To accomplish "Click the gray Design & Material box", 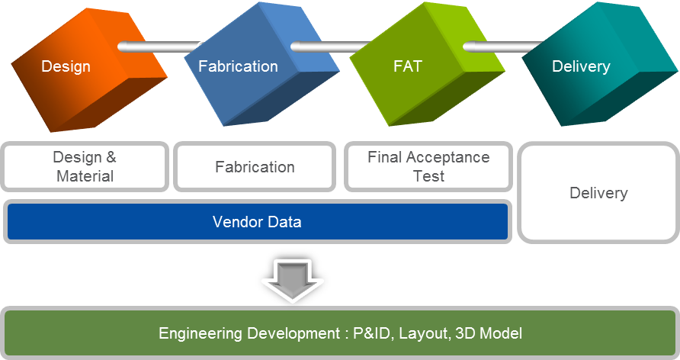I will click(x=85, y=166).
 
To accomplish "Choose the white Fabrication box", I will click(x=255, y=166).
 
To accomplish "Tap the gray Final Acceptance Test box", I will click(x=428, y=166).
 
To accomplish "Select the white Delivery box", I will click(x=598, y=192).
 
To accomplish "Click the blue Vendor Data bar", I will click(x=257, y=222).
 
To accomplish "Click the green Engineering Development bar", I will click(x=340, y=333).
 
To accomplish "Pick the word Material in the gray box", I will click(x=85, y=175).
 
